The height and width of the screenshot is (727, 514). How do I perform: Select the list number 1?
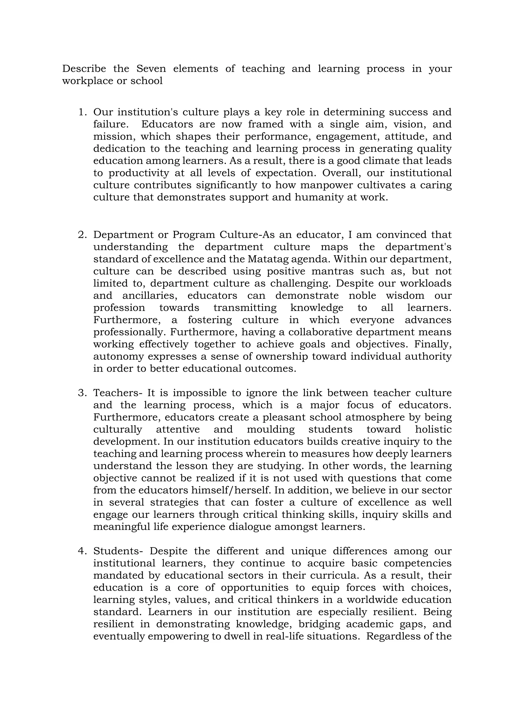pyautogui.click(x=82, y=112)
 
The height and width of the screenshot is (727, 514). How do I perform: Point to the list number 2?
pyautogui.click(x=82, y=235)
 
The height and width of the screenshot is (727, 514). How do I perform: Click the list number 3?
pyautogui.click(x=82, y=393)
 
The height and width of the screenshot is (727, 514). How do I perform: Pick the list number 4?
pyautogui.click(x=82, y=551)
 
